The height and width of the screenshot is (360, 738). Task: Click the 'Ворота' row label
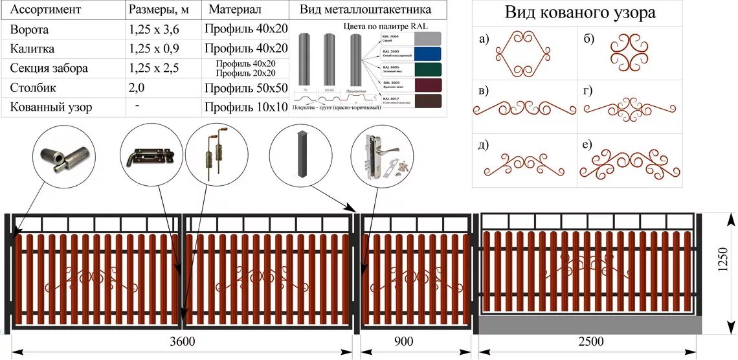point(30,30)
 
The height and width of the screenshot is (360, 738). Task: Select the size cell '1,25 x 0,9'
point(155,49)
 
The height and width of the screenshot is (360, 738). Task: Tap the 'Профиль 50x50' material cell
point(245,88)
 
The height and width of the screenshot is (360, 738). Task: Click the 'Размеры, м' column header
point(158,10)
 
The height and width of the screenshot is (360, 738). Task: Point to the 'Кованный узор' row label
point(50,107)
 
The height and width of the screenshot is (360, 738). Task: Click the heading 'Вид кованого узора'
point(579,13)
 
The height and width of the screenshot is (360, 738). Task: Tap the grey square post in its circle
point(299,154)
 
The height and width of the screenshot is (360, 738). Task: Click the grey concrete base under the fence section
point(590,325)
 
